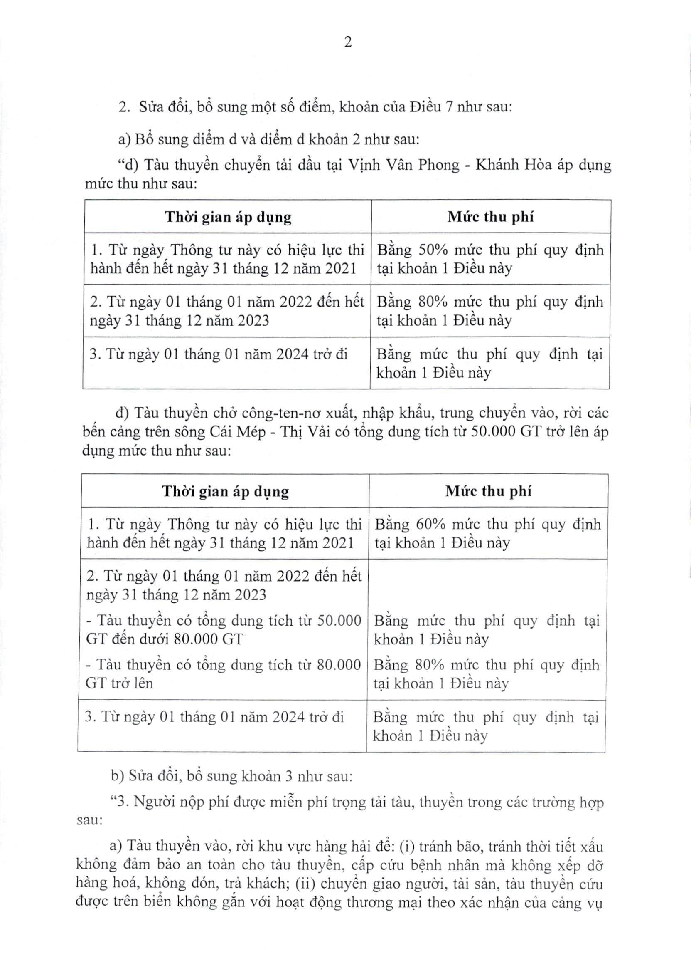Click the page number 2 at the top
[348, 42]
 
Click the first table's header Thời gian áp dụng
[228, 217]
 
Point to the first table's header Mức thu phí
[490, 217]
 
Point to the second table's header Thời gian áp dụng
[225, 492]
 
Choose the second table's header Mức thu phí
[488, 492]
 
